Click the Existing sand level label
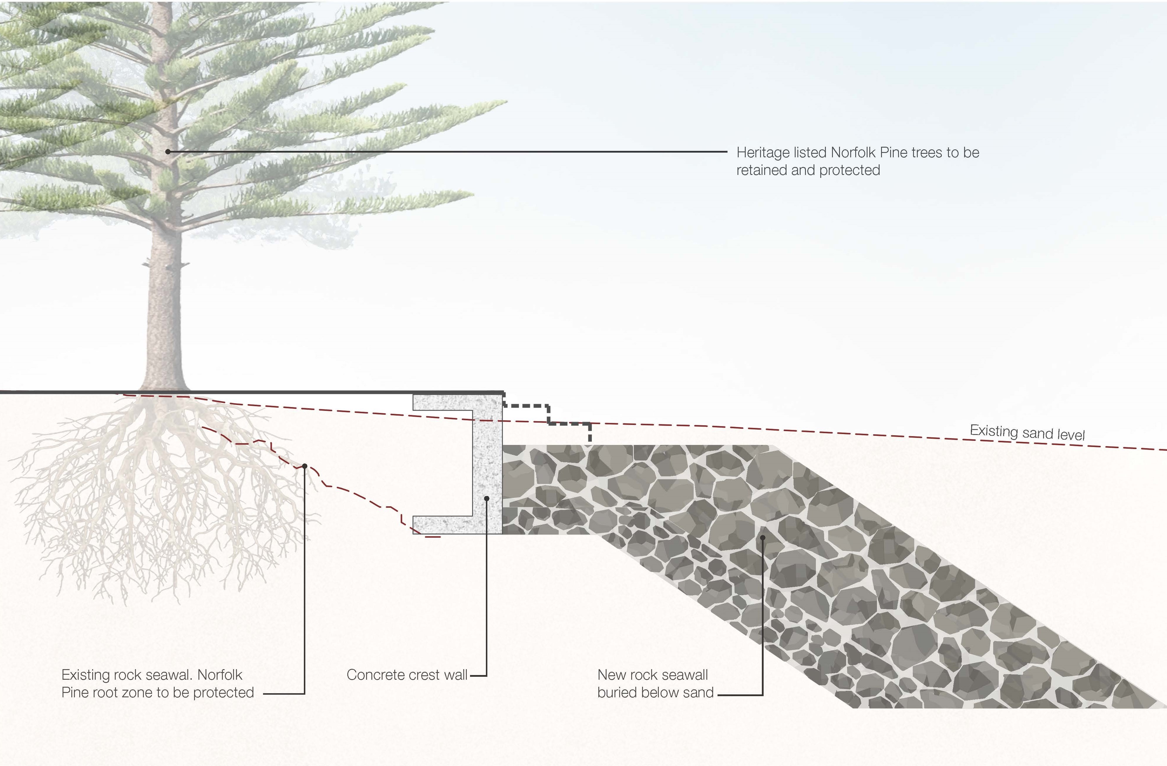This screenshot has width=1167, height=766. (x=1027, y=433)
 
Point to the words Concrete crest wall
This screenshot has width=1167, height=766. (x=407, y=675)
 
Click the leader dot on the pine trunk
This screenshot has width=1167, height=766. (x=168, y=152)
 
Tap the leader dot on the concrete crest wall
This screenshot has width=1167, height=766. (x=486, y=498)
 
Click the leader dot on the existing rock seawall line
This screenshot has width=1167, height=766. (x=304, y=466)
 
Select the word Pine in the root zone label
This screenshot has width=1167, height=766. (x=74, y=693)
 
